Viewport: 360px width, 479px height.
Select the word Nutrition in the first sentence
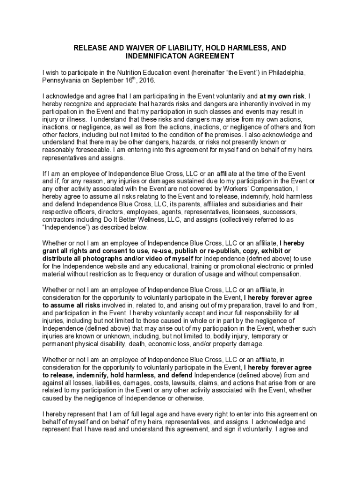click(133, 73)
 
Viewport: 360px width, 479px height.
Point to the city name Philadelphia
click(288, 73)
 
